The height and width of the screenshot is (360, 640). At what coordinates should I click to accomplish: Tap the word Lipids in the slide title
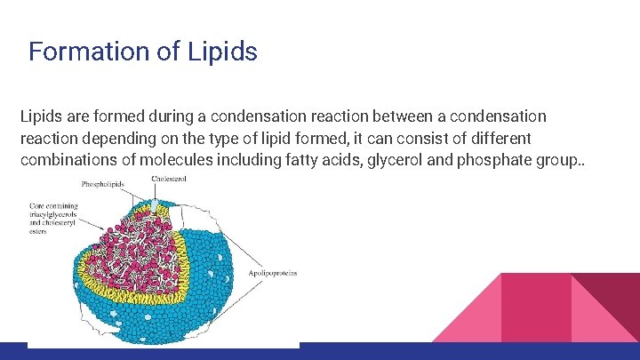coord(222,52)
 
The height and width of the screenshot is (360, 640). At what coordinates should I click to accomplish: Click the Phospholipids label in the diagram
coord(103,184)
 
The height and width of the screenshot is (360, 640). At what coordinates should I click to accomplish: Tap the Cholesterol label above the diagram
coord(169,179)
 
